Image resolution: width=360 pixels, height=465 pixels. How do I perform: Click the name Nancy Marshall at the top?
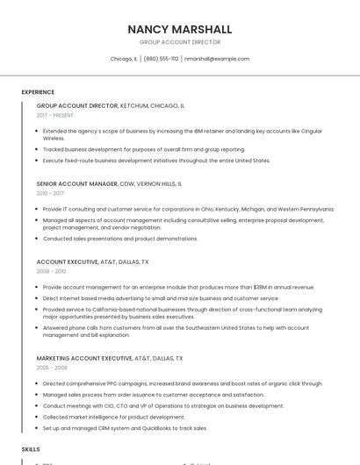click(x=180, y=29)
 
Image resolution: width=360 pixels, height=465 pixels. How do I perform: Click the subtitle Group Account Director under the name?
click(x=180, y=42)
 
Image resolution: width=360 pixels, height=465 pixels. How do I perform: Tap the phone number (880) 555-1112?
click(x=161, y=59)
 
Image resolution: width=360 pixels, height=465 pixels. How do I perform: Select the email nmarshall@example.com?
click(x=217, y=59)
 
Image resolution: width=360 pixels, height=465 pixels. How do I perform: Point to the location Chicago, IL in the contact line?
click(x=124, y=59)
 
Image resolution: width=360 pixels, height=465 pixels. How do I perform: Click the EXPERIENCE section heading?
click(x=38, y=91)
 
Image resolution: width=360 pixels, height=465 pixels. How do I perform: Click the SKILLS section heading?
click(x=31, y=448)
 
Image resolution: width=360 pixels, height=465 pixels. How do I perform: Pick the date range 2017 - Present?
click(x=55, y=115)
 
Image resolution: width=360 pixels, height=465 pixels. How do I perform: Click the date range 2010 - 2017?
click(x=50, y=193)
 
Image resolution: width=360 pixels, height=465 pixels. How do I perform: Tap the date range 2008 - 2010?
click(x=51, y=271)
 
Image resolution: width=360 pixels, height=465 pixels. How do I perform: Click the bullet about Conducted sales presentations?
click(x=120, y=239)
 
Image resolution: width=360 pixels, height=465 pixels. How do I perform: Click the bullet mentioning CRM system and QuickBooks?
click(x=125, y=428)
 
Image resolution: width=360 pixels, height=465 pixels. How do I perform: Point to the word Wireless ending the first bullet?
click(x=54, y=139)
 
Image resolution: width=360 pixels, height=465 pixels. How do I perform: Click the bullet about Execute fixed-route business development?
click(x=156, y=161)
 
